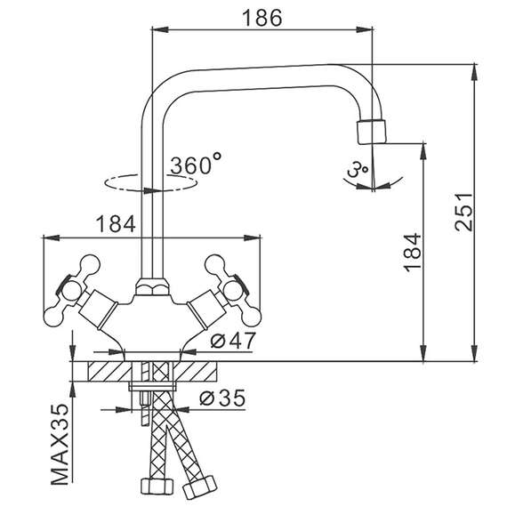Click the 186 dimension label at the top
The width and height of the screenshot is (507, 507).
click(x=262, y=18)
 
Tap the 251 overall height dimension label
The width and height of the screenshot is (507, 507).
click(x=463, y=212)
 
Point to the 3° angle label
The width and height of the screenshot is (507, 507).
click(x=358, y=169)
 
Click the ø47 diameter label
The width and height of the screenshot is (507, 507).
click(x=233, y=341)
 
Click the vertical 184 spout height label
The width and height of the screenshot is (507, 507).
click(x=412, y=251)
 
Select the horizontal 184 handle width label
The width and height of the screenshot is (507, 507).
click(x=116, y=224)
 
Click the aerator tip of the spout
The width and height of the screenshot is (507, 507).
click(x=372, y=132)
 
